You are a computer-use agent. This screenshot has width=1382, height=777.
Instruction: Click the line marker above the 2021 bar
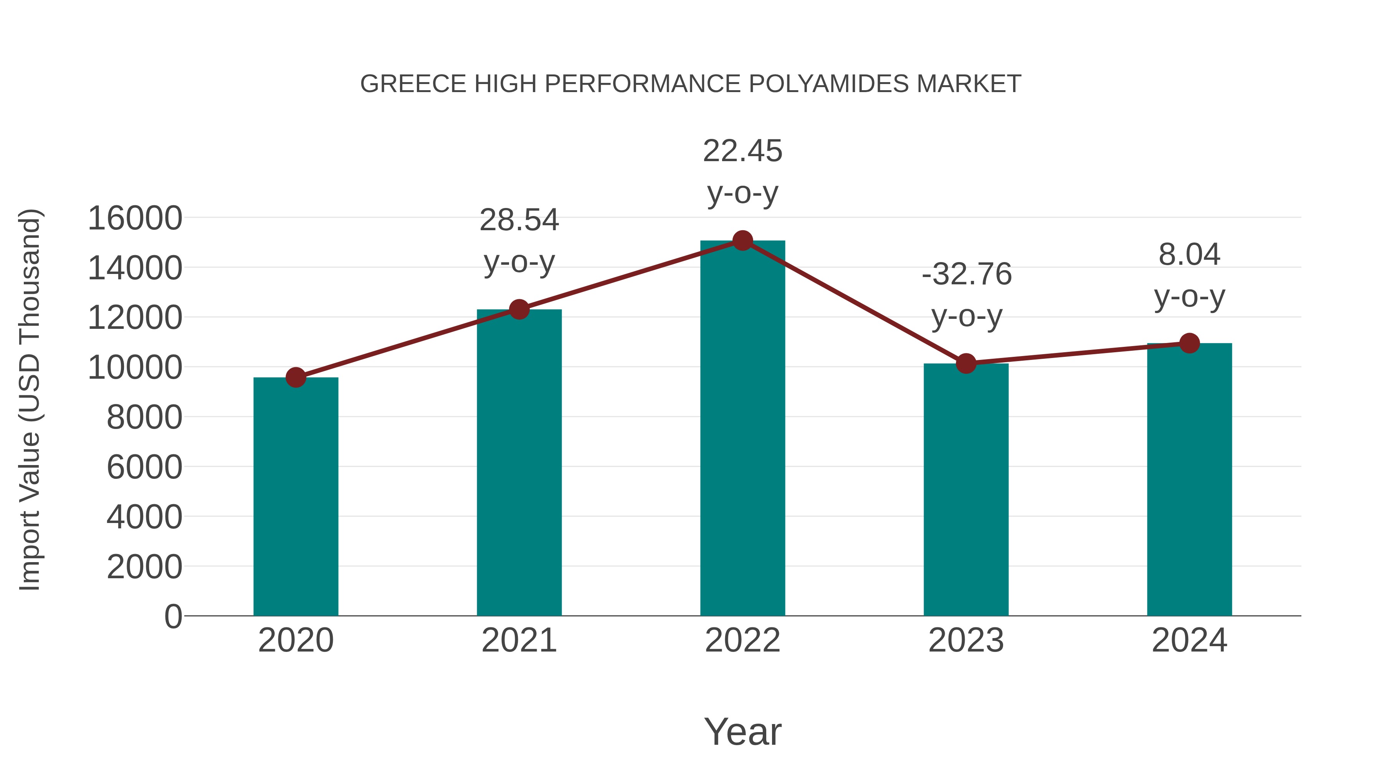(519, 309)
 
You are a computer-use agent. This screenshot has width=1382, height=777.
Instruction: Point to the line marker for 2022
(742, 241)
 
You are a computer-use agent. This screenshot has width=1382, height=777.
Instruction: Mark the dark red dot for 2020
(296, 378)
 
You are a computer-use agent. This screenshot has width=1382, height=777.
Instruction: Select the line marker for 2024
(1189, 343)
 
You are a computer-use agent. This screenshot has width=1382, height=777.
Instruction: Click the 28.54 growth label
(519, 220)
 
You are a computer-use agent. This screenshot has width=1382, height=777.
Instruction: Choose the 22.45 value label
(742, 151)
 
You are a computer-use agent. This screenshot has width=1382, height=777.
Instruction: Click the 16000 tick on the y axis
(135, 218)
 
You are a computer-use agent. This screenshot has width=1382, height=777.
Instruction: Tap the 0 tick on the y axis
(173, 616)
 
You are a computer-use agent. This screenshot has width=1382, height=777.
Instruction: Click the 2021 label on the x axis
(519, 640)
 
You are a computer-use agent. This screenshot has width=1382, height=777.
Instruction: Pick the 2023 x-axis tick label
(966, 640)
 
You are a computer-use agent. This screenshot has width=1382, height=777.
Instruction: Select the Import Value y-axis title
(30, 399)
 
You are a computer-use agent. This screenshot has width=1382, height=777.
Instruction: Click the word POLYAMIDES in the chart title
(828, 84)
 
